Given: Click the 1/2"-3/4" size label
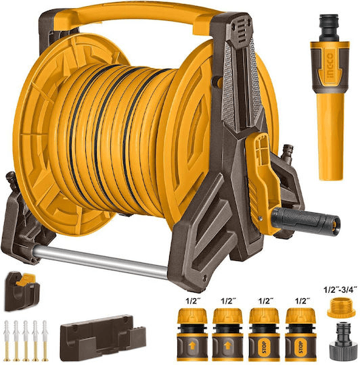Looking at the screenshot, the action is (340, 290).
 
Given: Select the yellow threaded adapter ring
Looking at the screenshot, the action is (341, 308).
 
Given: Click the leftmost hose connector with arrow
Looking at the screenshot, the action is (192, 334).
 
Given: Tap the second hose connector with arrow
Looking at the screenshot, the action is (227, 334).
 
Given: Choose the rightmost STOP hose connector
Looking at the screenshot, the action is (300, 334).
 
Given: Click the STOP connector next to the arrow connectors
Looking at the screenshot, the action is (264, 334).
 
